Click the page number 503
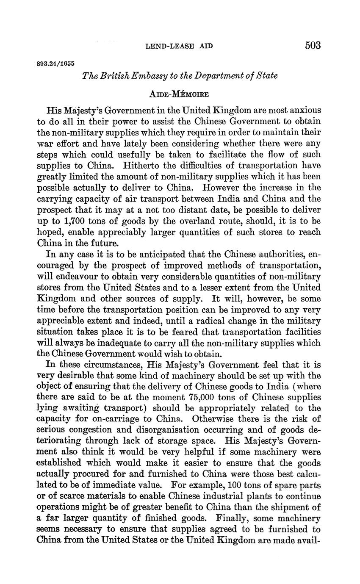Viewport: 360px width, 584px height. coord(313,45)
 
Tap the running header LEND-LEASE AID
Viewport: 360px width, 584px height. coord(179,46)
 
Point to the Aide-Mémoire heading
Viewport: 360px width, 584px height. coord(180,94)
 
